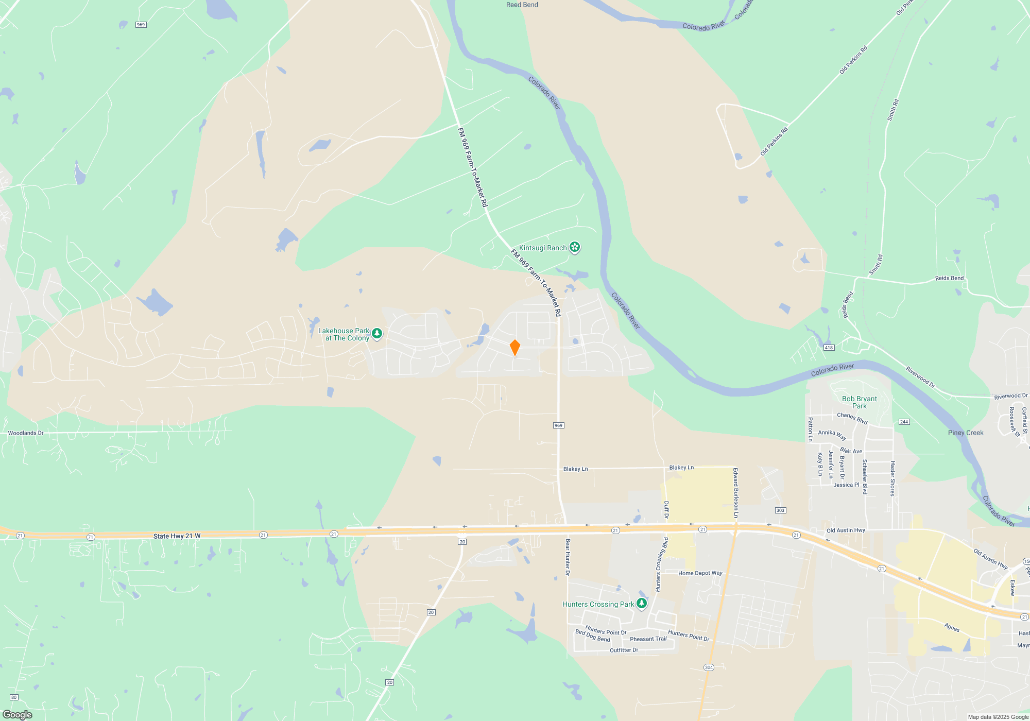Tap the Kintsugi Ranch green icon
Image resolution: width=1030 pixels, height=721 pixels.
pyautogui.click(x=575, y=248)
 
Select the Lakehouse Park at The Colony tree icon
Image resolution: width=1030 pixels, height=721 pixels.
pyautogui.click(x=377, y=334)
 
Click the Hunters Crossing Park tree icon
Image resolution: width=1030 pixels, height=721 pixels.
pyautogui.click(x=641, y=604)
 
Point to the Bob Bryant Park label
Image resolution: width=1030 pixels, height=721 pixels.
pyautogui.click(x=859, y=402)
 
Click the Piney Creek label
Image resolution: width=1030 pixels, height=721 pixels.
pyautogui.click(x=966, y=433)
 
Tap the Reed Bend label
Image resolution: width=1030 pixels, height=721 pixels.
pyautogui.click(x=522, y=5)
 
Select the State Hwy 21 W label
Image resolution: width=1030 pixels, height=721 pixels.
pyautogui.click(x=177, y=536)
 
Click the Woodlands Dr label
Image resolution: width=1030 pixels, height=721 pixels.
pyautogui.click(x=26, y=433)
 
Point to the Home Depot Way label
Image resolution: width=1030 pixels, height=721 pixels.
pyautogui.click(x=700, y=573)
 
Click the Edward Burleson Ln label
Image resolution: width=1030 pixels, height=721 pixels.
pyautogui.click(x=736, y=493)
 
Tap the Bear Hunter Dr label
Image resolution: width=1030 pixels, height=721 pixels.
pyautogui.click(x=568, y=557)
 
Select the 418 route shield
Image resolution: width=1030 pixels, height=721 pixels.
pyautogui.click(x=829, y=348)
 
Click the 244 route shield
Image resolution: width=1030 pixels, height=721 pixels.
pyautogui.click(x=904, y=422)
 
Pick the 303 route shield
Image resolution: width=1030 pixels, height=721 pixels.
pyautogui.click(x=780, y=510)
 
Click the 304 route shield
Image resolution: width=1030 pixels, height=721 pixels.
pyautogui.click(x=709, y=667)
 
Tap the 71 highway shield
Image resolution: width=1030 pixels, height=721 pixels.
pyautogui.click(x=91, y=537)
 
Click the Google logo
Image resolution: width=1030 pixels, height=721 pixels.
pyautogui.click(x=18, y=715)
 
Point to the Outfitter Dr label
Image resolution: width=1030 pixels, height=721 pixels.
pyautogui.click(x=624, y=650)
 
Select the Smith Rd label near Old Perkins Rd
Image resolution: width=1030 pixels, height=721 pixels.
pyautogui.click(x=892, y=110)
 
